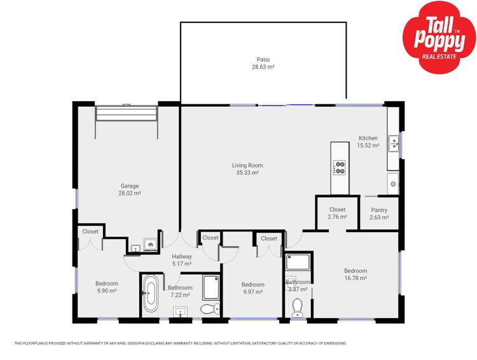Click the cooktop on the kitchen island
pyautogui.click(x=340, y=167)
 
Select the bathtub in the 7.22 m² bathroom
pyautogui.click(x=151, y=293)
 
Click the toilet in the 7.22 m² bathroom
pyautogui.click(x=209, y=309)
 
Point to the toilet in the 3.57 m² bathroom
pyautogui.click(x=297, y=308)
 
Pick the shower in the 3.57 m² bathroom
pyautogui.click(x=298, y=261)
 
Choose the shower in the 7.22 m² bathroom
pyautogui.click(x=211, y=287)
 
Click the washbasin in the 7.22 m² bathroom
pyautogui.click(x=181, y=312)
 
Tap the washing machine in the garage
pyautogui.click(x=151, y=244)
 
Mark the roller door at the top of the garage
pyautogui.click(x=126, y=113)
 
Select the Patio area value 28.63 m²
pyautogui.click(x=263, y=66)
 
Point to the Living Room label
pyautogui.click(x=247, y=165)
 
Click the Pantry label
pyautogui.click(x=379, y=210)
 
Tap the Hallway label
pyautogui.click(x=181, y=256)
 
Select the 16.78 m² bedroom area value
pyautogui.click(x=356, y=278)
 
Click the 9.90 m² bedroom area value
pyautogui.click(x=106, y=291)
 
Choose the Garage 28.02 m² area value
pyautogui.click(x=130, y=193)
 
